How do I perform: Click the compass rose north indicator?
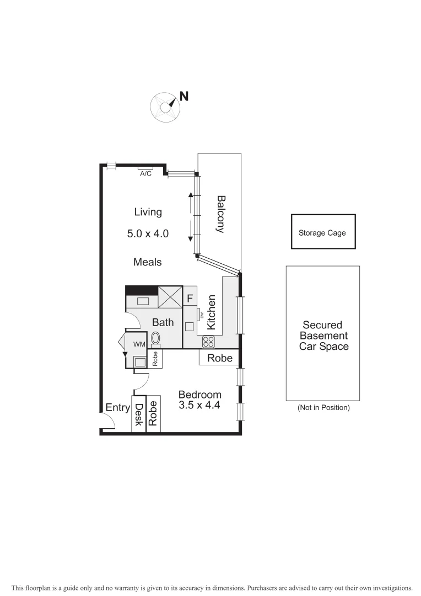tap(165, 105)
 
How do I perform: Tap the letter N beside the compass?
tap(184, 96)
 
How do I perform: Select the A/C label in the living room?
tap(145, 173)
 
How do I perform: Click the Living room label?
tap(148, 211)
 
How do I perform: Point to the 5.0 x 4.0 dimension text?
tap(148, 233)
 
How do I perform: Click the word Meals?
tap(148, 262)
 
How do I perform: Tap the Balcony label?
tap(220, 214)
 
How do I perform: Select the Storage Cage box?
tap(322, 232)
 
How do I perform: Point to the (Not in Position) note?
tap(323, 408)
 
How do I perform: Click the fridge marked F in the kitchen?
tap(190, 299)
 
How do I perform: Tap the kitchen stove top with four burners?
tap(208, 342)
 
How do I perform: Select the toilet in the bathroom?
tap(156, 339)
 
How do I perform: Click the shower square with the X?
tap(170, 297)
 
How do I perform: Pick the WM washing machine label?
tap(139, 344)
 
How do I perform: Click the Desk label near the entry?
tap(139, 414)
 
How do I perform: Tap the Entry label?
tap(117, 408)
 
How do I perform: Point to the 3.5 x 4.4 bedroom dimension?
tap(199, 405)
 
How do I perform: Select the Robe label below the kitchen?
tap(219, 358)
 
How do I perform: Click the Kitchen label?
tap(210, 312)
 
